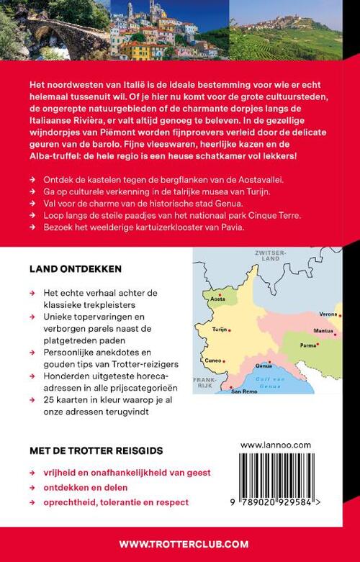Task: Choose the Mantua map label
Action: [323, 331]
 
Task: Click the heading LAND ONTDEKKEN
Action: [75, 268]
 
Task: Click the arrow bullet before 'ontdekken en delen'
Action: [31, 486]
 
